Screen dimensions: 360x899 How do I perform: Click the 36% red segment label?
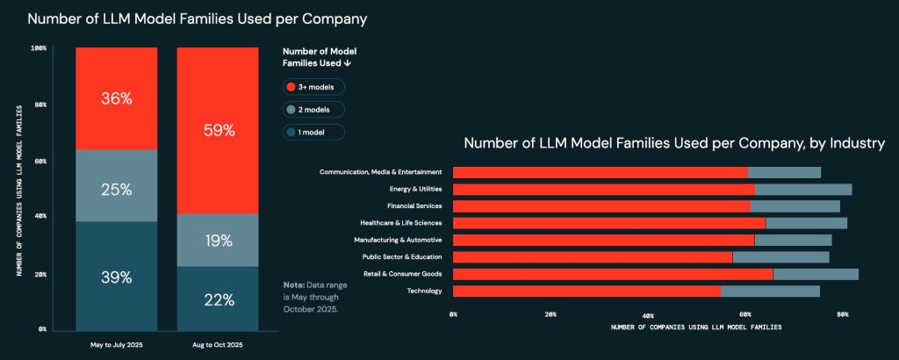[116, 99]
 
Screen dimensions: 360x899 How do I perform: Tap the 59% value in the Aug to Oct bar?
[219, 131]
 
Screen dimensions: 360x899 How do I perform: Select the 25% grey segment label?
[116, 190]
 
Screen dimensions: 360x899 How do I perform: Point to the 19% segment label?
[219, 240]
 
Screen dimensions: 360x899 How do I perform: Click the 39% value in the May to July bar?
[116, 277]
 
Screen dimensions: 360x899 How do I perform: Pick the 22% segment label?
[219, 299]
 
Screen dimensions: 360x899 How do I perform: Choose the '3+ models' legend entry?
[313, 87]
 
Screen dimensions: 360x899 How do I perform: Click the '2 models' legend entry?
[313, 110]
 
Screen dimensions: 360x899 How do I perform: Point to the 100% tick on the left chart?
[38, 47]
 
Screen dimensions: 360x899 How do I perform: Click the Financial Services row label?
[413, 205]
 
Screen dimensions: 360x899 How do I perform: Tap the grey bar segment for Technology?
[770, 292]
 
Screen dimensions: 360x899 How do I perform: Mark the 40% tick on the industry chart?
[648, 313]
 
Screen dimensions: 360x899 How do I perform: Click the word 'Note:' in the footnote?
[293, 286]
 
